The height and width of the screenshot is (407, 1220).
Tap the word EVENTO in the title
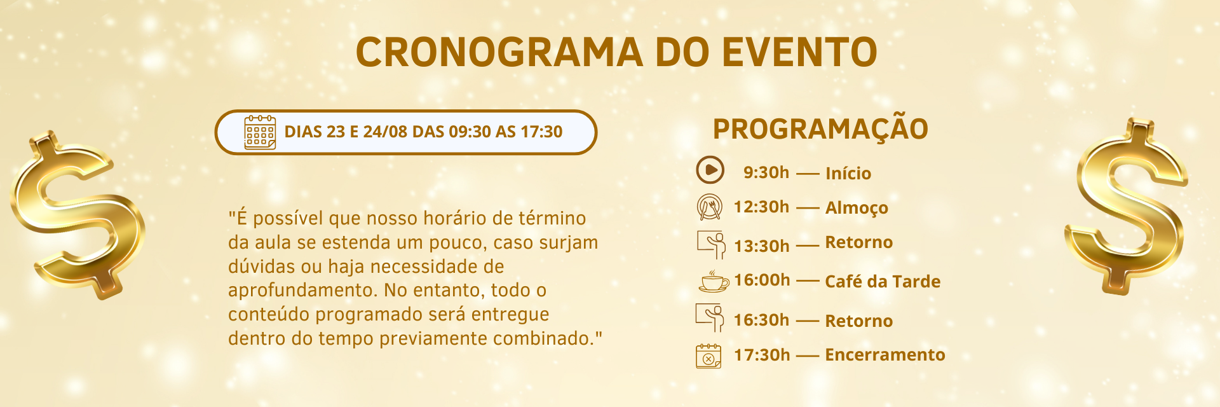coord(800,52)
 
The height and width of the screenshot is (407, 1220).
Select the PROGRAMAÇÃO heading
coord(820,129)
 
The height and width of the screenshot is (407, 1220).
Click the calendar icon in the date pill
coord(260,132)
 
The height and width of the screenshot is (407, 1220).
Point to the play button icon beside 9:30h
coord(710,170)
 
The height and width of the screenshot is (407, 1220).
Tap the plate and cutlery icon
coord(710,207)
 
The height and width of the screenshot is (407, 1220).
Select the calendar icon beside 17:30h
coord(708,356)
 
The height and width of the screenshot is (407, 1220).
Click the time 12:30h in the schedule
coord(761,207)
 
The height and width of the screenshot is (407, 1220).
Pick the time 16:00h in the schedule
coord(762,280)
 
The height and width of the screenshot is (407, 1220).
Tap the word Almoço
coord(857,208)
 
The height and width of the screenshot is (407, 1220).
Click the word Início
coord(848,173)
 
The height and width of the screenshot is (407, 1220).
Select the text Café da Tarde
coord(883,281)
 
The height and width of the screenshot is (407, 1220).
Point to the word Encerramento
coord(885,355)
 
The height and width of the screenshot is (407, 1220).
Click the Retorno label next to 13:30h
coord(858,242)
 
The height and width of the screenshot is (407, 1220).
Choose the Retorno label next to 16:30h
coord(858,321)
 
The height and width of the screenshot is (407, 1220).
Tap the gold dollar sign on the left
coord(78,214)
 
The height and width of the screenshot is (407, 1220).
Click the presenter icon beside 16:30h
coord(710,317)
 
